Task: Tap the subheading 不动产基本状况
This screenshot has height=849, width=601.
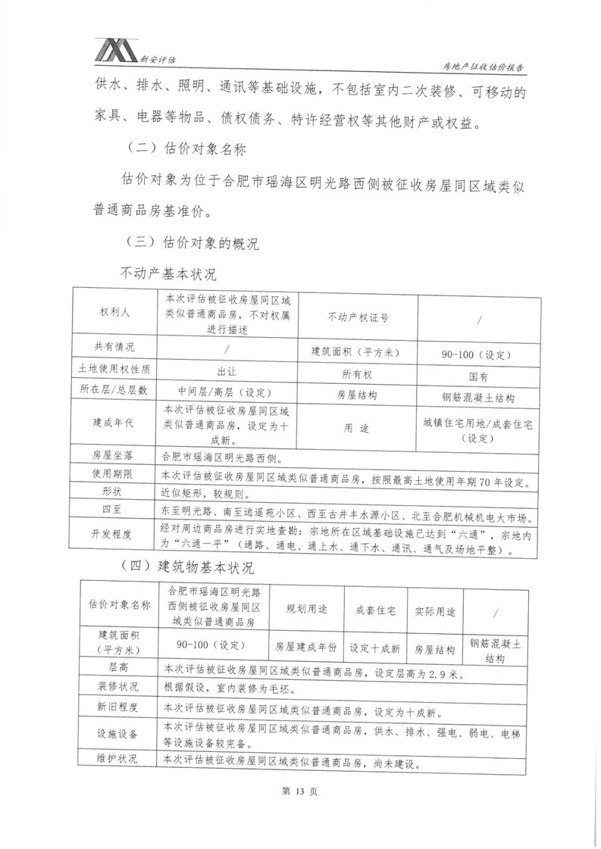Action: pos(168,272)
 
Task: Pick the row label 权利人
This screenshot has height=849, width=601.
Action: pos(114,312)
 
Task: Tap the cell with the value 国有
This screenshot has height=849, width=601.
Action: pos(478,375)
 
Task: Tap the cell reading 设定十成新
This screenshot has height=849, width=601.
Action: pos(374,648)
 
